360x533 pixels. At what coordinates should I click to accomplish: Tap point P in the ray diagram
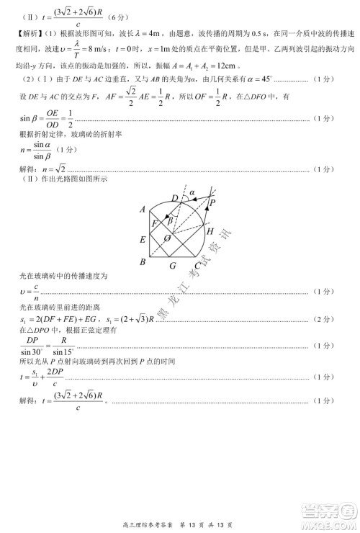click(x=213, y=203)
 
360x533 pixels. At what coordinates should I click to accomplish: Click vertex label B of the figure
click(x=143, y=262)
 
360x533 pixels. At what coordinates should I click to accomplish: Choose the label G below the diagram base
click(x=173, y=265)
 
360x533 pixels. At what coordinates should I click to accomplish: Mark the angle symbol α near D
click(x=192, y=193)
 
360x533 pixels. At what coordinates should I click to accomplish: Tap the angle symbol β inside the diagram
click(x=169, y=221)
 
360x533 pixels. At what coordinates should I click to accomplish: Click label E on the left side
click(x=143, y=239)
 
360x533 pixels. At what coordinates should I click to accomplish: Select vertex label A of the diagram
click(x=143, y=210)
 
